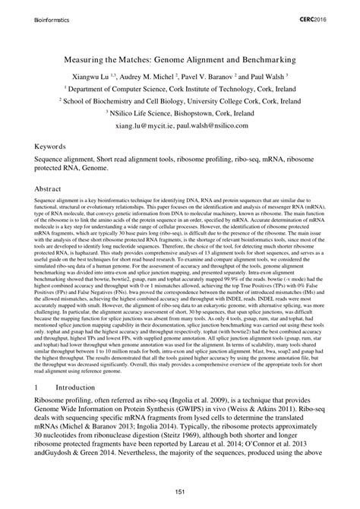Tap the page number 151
coord(180,495)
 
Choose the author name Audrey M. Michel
coord(156,76)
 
